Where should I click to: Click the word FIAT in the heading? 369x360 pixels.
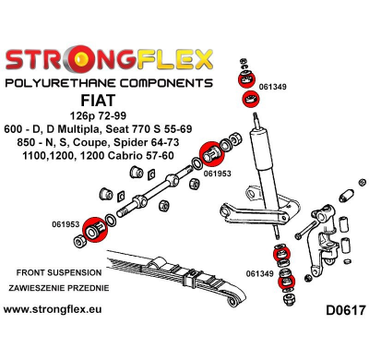coord(98,101)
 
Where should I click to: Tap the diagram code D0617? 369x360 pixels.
coord(346,310)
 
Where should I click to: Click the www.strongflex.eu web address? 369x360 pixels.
coord(53,309)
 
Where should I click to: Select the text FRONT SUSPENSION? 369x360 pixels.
coord(59,272)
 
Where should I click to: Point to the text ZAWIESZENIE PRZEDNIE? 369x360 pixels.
coord(59,288)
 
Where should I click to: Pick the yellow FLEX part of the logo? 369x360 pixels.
coord(174,59)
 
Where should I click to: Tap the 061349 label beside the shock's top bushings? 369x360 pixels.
coord(272,87)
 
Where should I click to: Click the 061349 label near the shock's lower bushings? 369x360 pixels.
coord(260,273)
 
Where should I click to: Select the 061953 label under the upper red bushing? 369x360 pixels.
coord(217,174)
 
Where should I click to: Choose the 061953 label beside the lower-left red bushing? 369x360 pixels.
coord(65,225)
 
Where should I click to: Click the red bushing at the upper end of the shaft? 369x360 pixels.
coord(211,152)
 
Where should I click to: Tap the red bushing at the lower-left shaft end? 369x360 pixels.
coord(95,230)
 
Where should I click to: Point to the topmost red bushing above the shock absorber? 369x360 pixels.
coord(247,78)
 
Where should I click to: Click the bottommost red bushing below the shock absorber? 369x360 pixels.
coord(286,282)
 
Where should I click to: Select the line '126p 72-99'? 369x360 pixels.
coord(98,116)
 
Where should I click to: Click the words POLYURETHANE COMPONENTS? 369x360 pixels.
coord(109,83)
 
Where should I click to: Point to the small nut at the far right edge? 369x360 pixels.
coord(363,182)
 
